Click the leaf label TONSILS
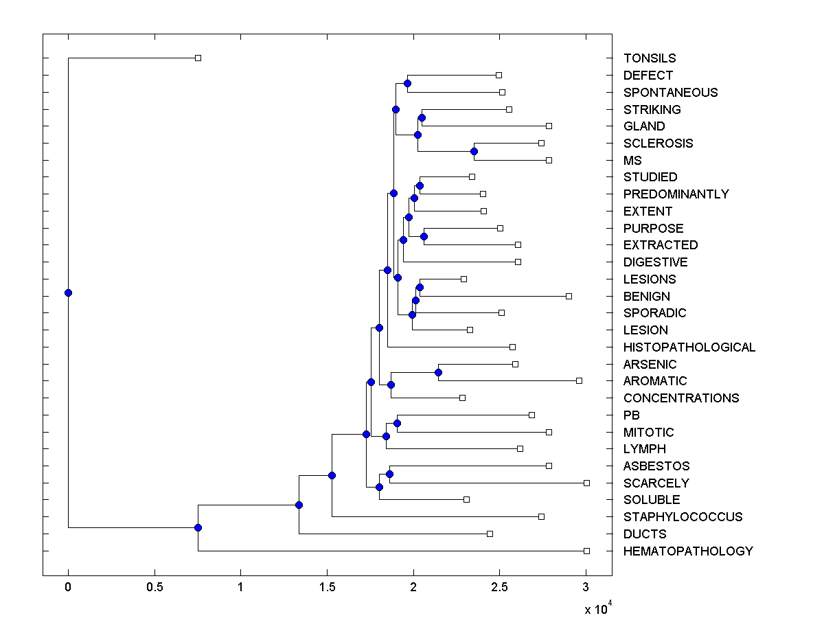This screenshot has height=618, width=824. click(x=650, y=58)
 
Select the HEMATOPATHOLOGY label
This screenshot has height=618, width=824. click(x=688, y=551)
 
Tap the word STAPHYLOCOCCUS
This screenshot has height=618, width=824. click(x=683, y=517)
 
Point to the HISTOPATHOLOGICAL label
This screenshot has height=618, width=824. click(x=689, y=347)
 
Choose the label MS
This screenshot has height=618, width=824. click(x=632, y=161)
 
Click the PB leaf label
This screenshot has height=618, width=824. click(x=632, y=415)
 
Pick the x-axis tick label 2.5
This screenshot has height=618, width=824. click(x=499, y=586)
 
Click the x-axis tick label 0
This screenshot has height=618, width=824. click(x=68, y=586)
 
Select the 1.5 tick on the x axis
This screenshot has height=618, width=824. click(x=327, y=586)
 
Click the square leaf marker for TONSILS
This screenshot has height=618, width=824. click(x=198, y=58)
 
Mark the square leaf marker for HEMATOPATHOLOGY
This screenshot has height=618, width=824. click(x=586, y=551)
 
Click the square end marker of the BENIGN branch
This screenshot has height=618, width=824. click(x=569, y=296)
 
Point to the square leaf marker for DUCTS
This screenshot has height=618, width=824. click(x=490, y=534)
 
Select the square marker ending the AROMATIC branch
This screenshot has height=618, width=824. click(x=579, y=380)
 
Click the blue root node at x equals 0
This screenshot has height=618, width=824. click(x=68, y=293)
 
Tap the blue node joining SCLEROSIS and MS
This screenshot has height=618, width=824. click(x=474, y=151)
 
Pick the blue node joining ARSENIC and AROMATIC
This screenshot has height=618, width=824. click(x=438, y=372)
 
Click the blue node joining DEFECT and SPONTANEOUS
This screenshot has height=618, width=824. click(x=407, y=83)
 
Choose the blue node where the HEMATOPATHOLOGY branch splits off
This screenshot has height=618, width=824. click(x=198, y=527)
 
